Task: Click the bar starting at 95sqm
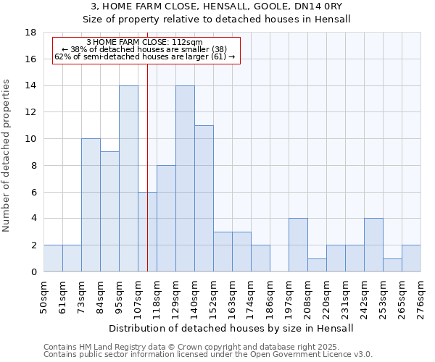pos(128,179)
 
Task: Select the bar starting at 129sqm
pos(185,179)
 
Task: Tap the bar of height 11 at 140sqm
pos(204,198)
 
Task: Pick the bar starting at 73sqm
pos(91,205)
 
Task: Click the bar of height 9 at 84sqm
pos(109,211)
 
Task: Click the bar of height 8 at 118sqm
pos(166,219)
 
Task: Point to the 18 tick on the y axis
pos(31,33)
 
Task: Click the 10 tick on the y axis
pos(31,139)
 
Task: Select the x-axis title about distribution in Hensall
pos(232,328)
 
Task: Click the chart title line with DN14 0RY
pos(217,6)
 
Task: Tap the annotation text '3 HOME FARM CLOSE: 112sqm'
pos(144,43)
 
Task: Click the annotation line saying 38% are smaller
pos(144,49)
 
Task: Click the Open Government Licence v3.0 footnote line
pos(208,355)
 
